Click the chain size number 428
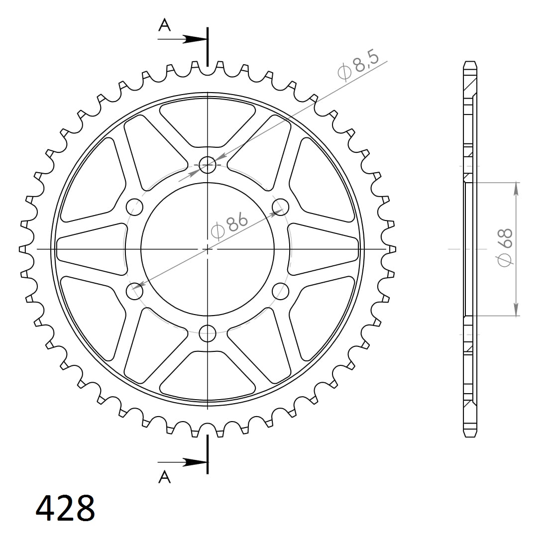(65, 508)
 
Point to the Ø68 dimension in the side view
(505, 247)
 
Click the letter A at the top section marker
(164, 25)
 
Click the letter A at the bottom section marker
(164, 477)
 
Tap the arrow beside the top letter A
(195, 39)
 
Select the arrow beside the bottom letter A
(195, 462)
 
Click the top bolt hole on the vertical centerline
(208, 164)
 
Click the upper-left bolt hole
(134, 206)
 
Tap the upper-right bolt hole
(281, 206)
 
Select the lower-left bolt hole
(134, 291)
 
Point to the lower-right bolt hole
(281, 291)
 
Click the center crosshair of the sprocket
(208, 248)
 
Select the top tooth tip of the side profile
(469, 64)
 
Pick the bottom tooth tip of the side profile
(469, 435)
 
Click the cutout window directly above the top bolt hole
(208, 124)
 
